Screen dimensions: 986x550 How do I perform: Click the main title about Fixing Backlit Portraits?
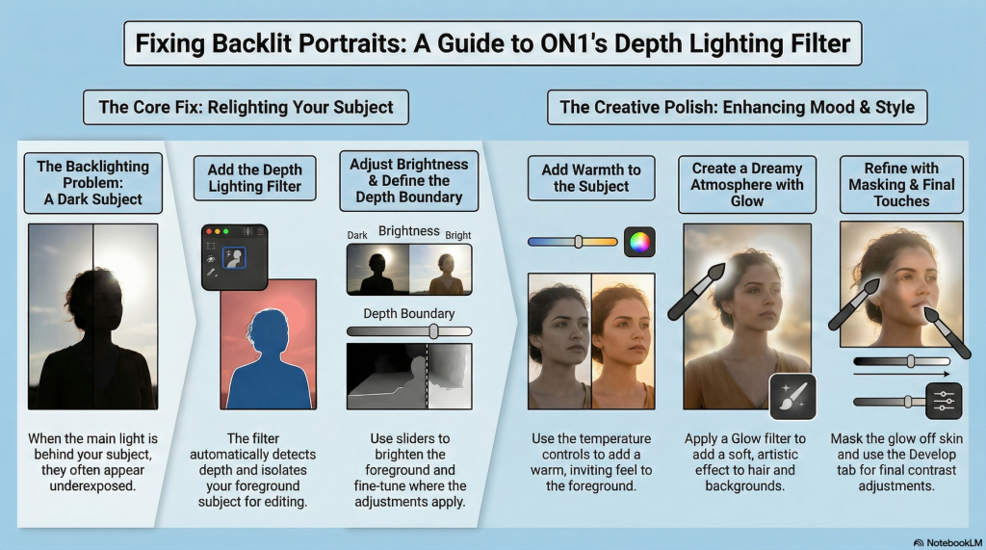pyautogui.click(x=492, y=43)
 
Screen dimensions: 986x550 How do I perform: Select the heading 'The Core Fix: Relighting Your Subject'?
pyautogui.click(x=246, y=107)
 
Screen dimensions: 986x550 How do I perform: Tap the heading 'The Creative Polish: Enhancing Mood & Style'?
pyautogui.click(x=737, y=107)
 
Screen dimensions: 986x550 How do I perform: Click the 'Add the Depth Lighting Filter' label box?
pyautogui.click(x=254, y=178)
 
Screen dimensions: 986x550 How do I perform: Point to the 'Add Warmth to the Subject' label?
pyautogui.click(x=591, y=178)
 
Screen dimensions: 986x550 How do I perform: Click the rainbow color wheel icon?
pyautogui.click(x=639, y=243)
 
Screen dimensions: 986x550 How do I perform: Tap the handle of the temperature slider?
pyautogui.click(x=578, y=242)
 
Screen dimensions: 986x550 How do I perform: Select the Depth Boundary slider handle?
pyautogui.click(x=433, y=331)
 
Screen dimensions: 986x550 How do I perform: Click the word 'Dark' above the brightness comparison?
pyautogui.click(x=357, y=235)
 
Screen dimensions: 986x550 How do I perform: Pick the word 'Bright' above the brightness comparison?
pyautogui.click(x=457, y=235)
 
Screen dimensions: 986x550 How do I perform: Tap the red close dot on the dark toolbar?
pyautogui.click(x=209, y=231)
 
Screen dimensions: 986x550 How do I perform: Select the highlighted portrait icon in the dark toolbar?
pyautogui.click(x=234, y=258)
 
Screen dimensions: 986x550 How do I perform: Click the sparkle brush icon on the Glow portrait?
pyautogui.click(x=792, y=397)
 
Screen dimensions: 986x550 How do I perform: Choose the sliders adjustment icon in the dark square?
pyautogui.click(x=944, y=401)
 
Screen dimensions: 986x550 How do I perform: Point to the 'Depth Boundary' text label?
pyautogui.click(x=408, y=313)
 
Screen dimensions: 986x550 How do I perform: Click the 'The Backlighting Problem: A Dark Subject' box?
pyautogui.click(x=93, y=183)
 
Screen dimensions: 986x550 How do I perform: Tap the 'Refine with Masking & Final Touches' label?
pyautogui.click(x=901, y=185)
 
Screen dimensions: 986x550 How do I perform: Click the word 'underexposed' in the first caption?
pyautogui.click(x=92, y=485)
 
